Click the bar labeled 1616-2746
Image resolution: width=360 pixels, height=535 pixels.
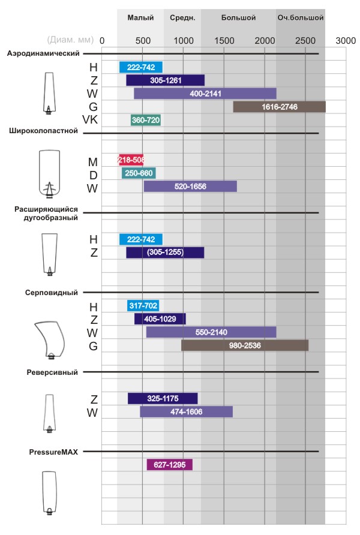click(x=279, y=107)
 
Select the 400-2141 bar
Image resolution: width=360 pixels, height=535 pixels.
click(x=205, y=94)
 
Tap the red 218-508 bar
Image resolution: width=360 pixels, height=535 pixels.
click(x=131, y=160)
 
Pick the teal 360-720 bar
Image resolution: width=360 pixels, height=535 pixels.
click(x=146, y=120)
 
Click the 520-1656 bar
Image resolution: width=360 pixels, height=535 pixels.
click(x=190, y=187)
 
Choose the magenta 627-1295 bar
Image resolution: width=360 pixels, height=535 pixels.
click(x=170, y=465)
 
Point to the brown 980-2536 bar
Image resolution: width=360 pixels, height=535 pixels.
click(x=245, y=345)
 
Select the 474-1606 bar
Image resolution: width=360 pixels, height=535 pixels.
click(x=186, y=411)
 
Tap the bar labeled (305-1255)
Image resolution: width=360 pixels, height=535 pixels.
click(x=165, y=253)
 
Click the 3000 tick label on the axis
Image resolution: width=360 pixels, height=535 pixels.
click(x=346, y=40)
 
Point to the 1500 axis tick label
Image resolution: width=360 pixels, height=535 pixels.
click(x=224, y=40)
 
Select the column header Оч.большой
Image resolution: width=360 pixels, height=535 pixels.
click(x=301, y=18)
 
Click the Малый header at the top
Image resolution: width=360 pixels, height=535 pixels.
click(x=140, y=18)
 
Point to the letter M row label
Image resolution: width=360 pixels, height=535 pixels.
click(x=92, y=161)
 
